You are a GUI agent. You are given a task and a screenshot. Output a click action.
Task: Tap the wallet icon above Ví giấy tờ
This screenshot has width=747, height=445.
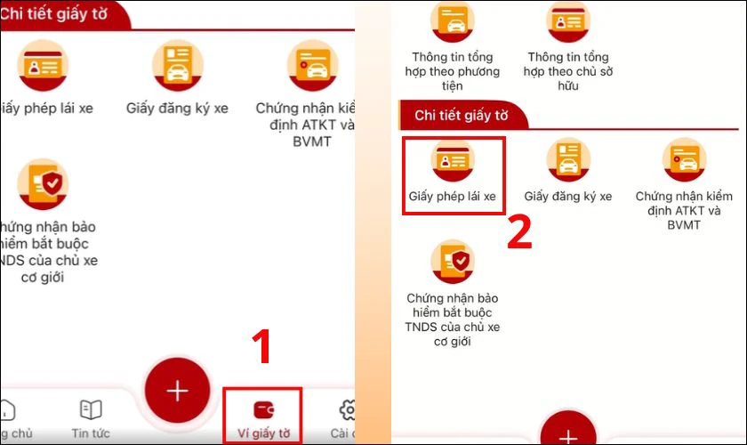coord(263,410)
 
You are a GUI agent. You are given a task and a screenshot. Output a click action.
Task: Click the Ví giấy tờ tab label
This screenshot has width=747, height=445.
coord(263,434)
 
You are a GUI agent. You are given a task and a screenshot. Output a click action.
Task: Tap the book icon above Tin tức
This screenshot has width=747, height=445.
coord(91,409)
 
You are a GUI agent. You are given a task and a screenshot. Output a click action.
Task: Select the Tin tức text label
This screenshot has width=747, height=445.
coord(91,433)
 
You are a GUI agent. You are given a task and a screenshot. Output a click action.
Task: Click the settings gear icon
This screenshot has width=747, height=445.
coord(348,410)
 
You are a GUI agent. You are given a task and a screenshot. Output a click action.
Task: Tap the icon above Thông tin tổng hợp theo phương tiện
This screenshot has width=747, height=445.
coord(453,20)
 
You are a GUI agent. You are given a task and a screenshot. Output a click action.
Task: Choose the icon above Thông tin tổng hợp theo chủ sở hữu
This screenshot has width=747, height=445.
coord(568,20)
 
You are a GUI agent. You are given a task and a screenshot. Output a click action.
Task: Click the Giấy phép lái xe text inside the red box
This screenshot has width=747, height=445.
coord(453,197)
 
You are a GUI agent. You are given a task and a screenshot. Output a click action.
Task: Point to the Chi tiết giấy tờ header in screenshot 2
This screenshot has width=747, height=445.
coord(462,116)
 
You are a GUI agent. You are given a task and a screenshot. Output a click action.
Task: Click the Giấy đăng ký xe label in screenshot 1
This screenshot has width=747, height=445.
coord(178,109)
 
